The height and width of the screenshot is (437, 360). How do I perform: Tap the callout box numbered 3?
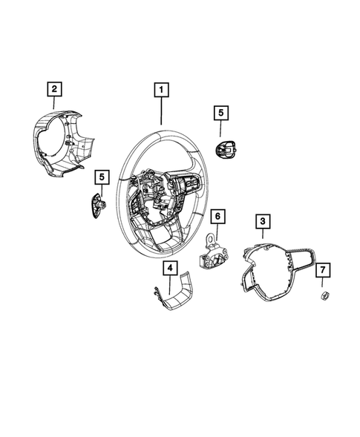(261, 220)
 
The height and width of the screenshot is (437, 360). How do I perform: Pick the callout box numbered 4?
(170, 267)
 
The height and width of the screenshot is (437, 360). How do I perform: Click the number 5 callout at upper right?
(220, 113)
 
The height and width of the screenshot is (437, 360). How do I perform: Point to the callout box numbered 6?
(217, 217)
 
